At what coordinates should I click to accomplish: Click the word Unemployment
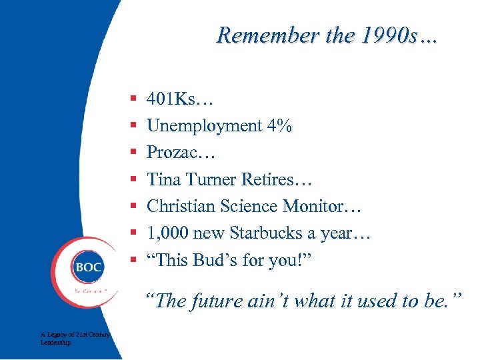(204, 125)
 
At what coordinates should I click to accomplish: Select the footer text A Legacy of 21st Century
(75, 334)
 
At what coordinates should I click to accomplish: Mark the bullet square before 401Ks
(133, 99)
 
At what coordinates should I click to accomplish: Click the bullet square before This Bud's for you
(133, 260)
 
